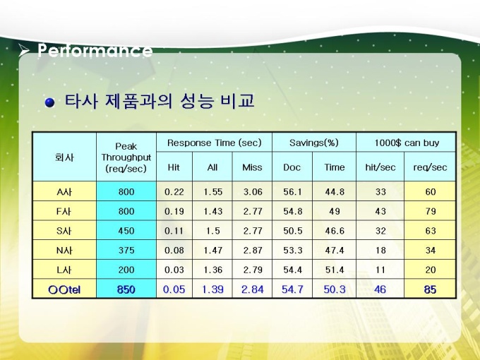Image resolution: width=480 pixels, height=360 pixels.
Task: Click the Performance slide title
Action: (x=95, y=50)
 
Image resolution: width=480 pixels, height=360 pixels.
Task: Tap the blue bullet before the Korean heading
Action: (x=49, y=102)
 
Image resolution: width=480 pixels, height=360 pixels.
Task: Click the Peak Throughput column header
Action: (x=126, y=157)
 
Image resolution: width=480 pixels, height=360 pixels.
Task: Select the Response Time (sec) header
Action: (x=215, y=143)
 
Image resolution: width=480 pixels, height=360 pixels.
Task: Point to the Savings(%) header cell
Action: (x=314, y=143)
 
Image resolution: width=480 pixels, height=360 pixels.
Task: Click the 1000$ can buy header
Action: (x=407, y=143)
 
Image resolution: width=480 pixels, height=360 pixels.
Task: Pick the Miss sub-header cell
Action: (x=252, y=167)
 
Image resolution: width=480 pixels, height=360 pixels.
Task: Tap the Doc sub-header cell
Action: (x=292, y=167)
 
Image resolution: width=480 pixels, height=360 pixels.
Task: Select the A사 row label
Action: (x=64, y=192)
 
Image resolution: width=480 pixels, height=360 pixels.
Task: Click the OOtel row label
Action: (x=64, y=289)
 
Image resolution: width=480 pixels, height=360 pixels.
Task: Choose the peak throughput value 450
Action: (x=126, y=231)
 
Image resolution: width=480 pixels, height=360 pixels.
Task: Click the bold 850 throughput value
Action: (x=126, y=289)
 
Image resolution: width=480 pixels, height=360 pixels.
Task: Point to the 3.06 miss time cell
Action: (x=253, y=192)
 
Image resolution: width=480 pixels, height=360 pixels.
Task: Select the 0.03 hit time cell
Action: (x=174, y=270)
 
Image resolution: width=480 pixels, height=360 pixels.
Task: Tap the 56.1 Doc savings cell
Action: (x=293, y=192)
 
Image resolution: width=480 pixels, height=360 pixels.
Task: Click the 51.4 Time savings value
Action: (x=335, y=270)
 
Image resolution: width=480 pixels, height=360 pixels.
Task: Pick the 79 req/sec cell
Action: (x=431, y=212)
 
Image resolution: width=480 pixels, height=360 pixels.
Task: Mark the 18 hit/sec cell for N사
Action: (x=380, y=251)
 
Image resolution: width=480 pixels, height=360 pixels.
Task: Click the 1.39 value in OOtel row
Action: (x=212, y=289)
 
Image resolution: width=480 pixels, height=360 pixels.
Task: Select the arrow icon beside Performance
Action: (x=23, y=50)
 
